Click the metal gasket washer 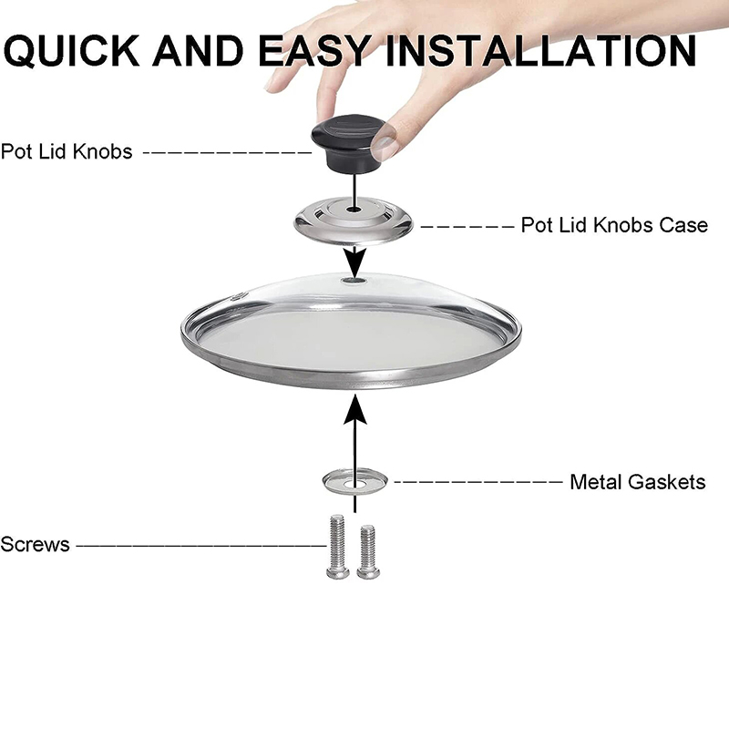354,479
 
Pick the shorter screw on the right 368,550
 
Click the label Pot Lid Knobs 67,151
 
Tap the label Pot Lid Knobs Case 613,224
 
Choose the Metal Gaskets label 637,481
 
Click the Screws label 35,544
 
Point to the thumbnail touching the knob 388,141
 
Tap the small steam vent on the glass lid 240,296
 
